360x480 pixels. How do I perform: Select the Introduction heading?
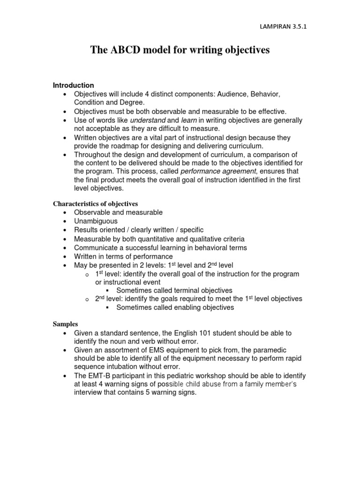click(x=73, y=85)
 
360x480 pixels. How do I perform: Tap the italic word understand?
click(x=144, y=120)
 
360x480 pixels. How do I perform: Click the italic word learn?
click(x=188, y=120)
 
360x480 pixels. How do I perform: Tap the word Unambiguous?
click(x=96, y=221)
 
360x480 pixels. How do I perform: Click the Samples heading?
click(x=65, y=324)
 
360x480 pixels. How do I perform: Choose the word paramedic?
click(x=270, y=350)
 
